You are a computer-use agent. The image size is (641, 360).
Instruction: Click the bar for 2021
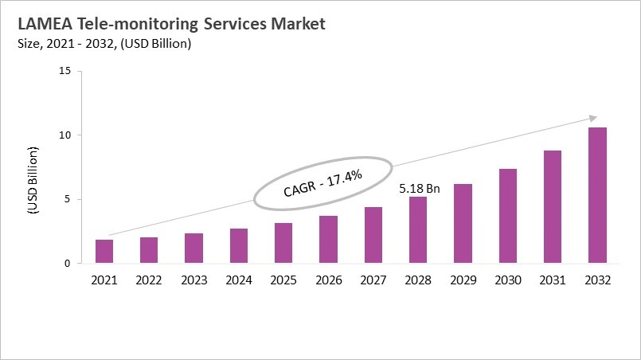[104, 251]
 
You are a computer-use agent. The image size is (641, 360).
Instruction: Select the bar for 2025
[283, 243]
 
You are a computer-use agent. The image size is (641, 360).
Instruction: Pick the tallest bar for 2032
[597, 195]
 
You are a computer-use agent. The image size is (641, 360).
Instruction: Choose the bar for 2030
[507, 216]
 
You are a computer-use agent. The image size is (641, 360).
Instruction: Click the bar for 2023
[193, 248]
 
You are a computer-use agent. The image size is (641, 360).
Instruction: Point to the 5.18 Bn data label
[418, 190]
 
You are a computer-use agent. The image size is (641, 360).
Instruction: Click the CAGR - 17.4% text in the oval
[323, 182]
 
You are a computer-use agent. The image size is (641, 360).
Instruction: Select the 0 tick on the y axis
[68, 264]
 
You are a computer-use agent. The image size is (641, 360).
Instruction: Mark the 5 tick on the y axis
[68, 199]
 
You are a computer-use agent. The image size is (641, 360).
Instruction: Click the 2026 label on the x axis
[328, 280]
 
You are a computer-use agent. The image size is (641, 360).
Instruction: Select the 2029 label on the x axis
[463, 280]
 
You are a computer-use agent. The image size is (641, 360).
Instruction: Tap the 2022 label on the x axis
[149, 280]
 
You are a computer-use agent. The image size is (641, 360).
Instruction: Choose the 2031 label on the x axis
[552, 280]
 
